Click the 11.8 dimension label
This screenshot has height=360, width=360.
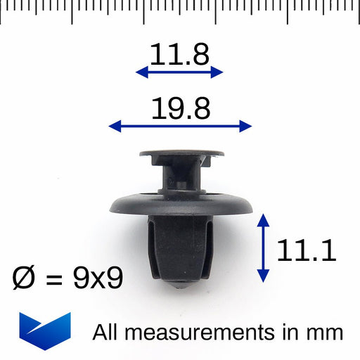pyautogui.click(x=179, y=54)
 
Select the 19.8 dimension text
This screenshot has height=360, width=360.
pyautogui.click(x=181, y=108)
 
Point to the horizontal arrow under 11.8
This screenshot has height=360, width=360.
pyautogui.click(x=179, y=72)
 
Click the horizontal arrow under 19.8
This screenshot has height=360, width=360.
pyautogui.click(x=181, y=127)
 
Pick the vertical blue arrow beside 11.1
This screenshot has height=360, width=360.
pyautogui.click(x=263, y=248)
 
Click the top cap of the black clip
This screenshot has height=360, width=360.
pyautogui.click(x=181, y=152)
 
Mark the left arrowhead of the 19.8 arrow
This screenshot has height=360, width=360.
pyautogui.click(x=113, y=127)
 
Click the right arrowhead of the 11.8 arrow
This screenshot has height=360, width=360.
pyautogui.click(x=219, y=72)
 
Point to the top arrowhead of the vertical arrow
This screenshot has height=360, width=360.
pyautogui.click(x=263, y=218)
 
